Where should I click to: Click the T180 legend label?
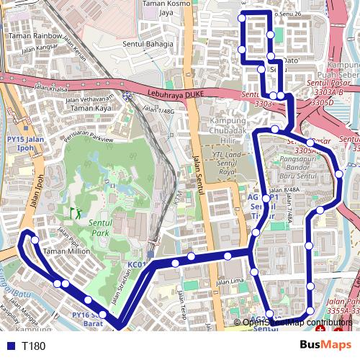point(33,346)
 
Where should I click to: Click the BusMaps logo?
point(325,346)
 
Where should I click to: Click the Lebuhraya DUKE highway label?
point(175,94)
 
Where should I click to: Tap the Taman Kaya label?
point(91,108)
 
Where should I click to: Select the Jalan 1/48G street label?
point(158,111)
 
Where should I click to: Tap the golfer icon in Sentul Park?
point(74,213)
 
